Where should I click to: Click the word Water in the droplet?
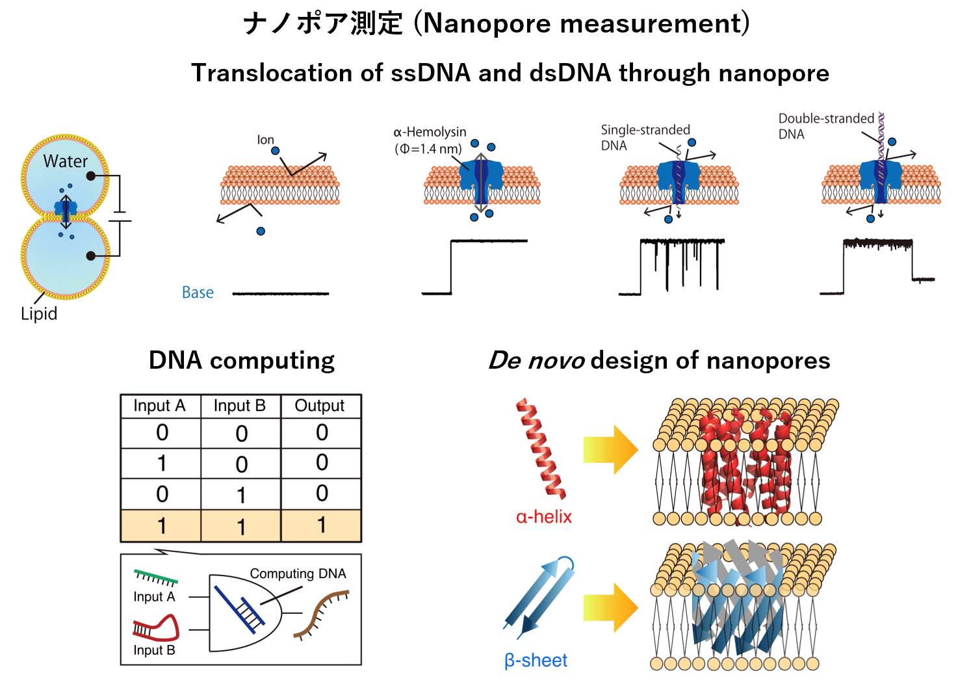(x=66, y=161)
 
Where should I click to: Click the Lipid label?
(x=39, y=313)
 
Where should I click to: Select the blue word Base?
(x=198, y=293)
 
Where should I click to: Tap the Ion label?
(x=265, y=140)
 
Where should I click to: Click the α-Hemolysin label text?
(x=430, y=133)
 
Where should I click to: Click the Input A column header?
(x=159, y=406)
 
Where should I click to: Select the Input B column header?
(x=240, y=406)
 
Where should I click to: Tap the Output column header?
(x=320, y=406)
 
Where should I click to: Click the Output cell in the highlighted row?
(x=321, y=525)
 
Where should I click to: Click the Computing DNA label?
(x=298, y=574)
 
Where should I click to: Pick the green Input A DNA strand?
(x=155, y=577)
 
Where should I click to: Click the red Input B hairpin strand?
(x=157, y=627)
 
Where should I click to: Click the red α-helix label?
(x=544, y=517)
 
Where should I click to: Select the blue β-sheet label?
(x=536, y=661)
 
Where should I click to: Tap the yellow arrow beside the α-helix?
(x=610, y=450)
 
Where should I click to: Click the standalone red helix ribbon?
(x=541, y=449)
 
